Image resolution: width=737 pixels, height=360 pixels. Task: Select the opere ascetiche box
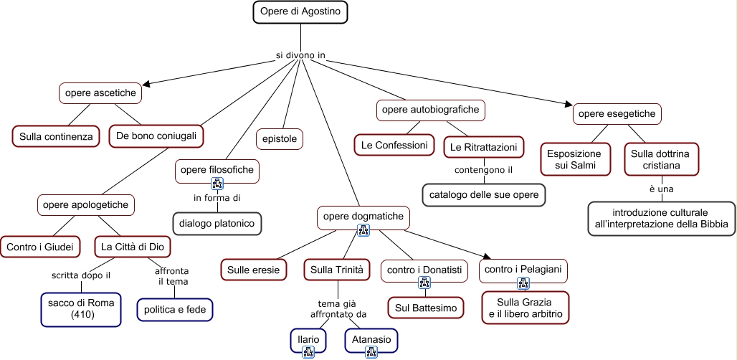coord(100,93)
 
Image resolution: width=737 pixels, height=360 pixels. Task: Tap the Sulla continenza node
coord(56,136)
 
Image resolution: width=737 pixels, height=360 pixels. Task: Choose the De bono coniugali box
coord(156,136)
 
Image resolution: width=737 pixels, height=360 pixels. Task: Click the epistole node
coord(280,139)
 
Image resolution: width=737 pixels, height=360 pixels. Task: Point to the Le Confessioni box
coord(394,145)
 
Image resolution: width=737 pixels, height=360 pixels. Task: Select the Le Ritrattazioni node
coord(483,147)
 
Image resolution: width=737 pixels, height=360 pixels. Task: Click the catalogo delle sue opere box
coord(484,194)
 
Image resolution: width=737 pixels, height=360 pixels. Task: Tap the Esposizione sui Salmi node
coord(575,159)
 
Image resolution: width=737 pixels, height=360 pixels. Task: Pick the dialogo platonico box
coord(217,223)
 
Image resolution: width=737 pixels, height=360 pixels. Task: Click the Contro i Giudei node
coord(40,247)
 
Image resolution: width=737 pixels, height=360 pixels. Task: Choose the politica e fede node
coord(176,309)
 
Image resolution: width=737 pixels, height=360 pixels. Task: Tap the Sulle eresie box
coord(254,270)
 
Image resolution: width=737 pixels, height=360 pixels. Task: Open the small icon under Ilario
coord(309,351)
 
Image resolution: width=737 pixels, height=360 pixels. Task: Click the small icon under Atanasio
coord(371,351)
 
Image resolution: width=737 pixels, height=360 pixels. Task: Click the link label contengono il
coord(484,171)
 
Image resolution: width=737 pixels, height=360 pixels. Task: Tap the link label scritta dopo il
coord(80,275)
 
